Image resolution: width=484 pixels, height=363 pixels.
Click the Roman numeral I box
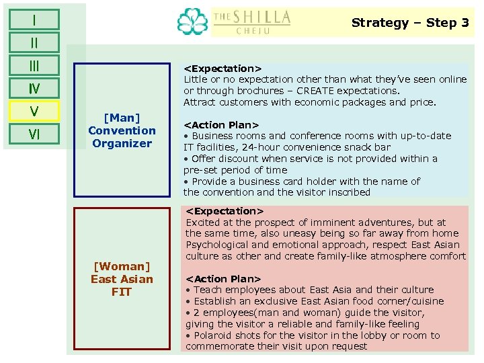(34, 19)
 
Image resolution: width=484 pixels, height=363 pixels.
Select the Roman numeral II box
(34, 43)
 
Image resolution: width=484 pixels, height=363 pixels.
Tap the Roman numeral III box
(34, 65)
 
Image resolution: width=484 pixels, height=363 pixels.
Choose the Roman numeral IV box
(34, 88)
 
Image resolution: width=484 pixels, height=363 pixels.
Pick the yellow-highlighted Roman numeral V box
(34, 111)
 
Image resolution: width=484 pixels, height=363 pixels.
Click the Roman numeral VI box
(34, 134)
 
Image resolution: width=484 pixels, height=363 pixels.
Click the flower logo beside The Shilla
(193, 22)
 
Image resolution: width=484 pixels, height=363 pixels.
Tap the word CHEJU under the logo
(253, 31)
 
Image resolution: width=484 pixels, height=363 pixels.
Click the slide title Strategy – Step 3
(410, 23)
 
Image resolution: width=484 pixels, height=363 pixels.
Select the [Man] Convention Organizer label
(122, 130)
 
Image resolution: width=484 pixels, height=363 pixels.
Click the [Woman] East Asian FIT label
(122, 279)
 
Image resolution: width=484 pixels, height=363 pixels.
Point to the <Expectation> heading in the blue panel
(223, 69)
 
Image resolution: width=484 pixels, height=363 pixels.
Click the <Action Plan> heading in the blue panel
(221, 124)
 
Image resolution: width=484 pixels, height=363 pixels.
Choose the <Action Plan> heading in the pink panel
(223, 278)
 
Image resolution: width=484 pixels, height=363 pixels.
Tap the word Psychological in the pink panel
(218, 245)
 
